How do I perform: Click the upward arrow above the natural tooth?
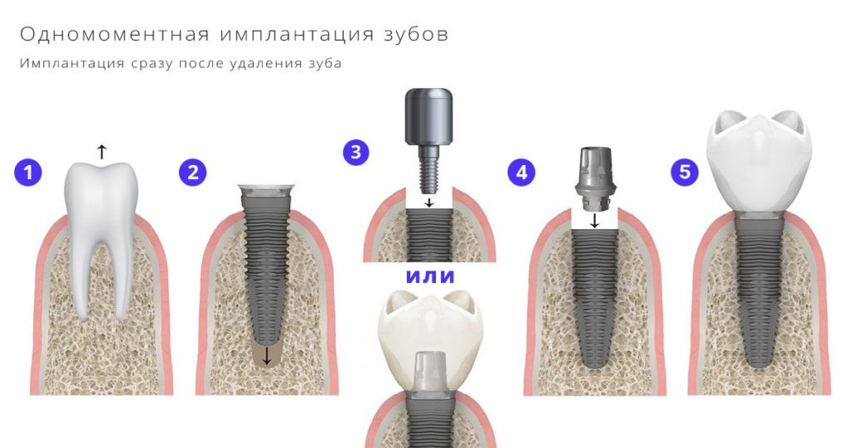tap(102, 151)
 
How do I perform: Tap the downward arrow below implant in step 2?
tap(265, 356)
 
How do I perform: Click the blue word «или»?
tap(430, 276)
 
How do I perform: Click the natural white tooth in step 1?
tap(101, 225)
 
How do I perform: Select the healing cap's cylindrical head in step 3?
tap(428, 118)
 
